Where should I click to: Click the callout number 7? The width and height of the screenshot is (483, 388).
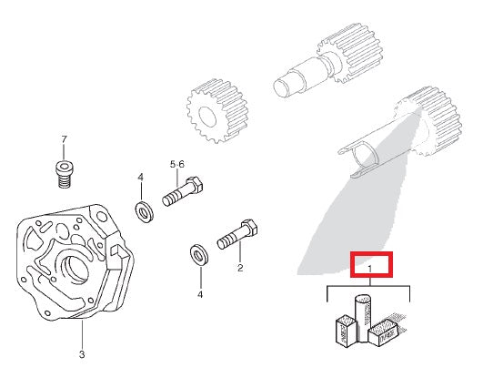[x=64, y=139]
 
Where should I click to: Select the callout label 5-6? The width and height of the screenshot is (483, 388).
[x=177, y=164]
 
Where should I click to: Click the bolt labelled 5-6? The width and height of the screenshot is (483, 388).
[x=181, y=194]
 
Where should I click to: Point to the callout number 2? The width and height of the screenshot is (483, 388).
[x=239, y=269]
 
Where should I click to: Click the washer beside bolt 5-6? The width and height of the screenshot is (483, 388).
[x=144, y=212]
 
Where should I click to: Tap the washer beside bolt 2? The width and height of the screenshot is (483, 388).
[x=196, y=252]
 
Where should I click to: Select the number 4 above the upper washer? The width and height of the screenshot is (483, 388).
[x=140, y=176]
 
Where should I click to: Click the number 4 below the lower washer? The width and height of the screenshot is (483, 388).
[x=200, y=294]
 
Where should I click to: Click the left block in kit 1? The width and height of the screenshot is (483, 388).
[x=345, y=332]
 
